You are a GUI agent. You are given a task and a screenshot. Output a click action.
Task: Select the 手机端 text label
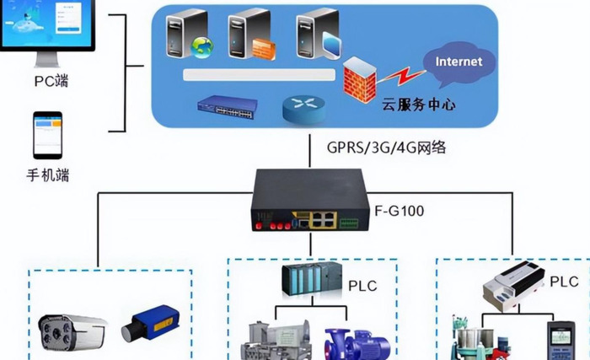click(x=47, y=175)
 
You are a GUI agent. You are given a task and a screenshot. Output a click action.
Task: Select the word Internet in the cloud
click(x=459, y=62)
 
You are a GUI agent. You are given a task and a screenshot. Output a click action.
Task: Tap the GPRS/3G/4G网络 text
click(x=386, y=148)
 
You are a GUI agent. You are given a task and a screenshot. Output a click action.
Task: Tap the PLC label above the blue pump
click(x=362, y=286)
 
